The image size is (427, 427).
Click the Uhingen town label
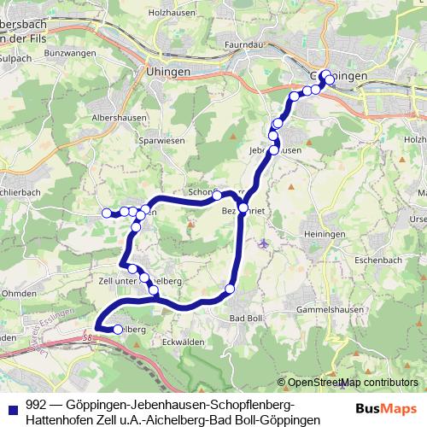(x=167, y=73)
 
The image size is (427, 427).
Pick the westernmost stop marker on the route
(x=107, y=213)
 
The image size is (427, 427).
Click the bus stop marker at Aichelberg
(x=118, y=329)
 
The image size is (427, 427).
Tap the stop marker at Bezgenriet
(x=243, y=208)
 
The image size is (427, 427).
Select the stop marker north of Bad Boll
(x=230, y=289)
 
